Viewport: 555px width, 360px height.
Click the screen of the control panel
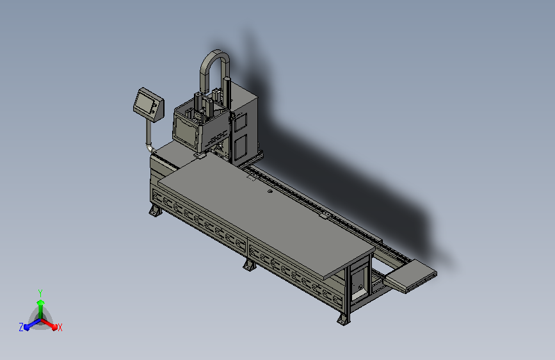[145, 102]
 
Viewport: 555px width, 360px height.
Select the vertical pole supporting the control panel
[149, 131]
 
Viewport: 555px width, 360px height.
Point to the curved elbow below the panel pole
[150, 147]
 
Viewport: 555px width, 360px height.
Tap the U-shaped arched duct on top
[214, 67]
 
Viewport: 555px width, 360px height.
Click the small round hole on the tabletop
[270, 192]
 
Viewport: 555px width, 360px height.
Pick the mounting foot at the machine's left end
[155, 211]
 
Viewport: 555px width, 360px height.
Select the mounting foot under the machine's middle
[250, 265]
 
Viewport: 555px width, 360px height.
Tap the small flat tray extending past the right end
[410, 275]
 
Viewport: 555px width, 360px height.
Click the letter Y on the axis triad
[40, 293]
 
